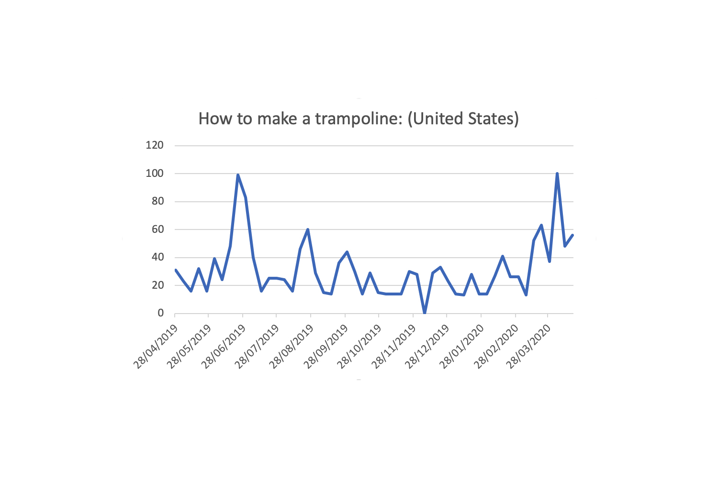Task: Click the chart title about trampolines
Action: tap(359, 119)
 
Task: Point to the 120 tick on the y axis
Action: tap(155, 145)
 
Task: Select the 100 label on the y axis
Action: tap(155, 174)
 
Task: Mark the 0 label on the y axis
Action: tap(161, 313)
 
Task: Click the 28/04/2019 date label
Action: tap(156, 347)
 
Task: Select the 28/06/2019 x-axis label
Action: tap(224, 347)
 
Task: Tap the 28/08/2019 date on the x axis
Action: tap(292, 347)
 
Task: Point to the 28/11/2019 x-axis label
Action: tap(394, 347)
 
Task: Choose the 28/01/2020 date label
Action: tap(462, 347)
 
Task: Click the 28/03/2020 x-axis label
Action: tap(529, 347)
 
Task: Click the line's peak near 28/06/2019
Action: tap(238, 175)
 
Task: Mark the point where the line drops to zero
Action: tap(425, 313)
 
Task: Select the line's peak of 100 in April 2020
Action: tap(557, 174)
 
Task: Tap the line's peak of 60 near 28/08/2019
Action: tap(308, 229)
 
